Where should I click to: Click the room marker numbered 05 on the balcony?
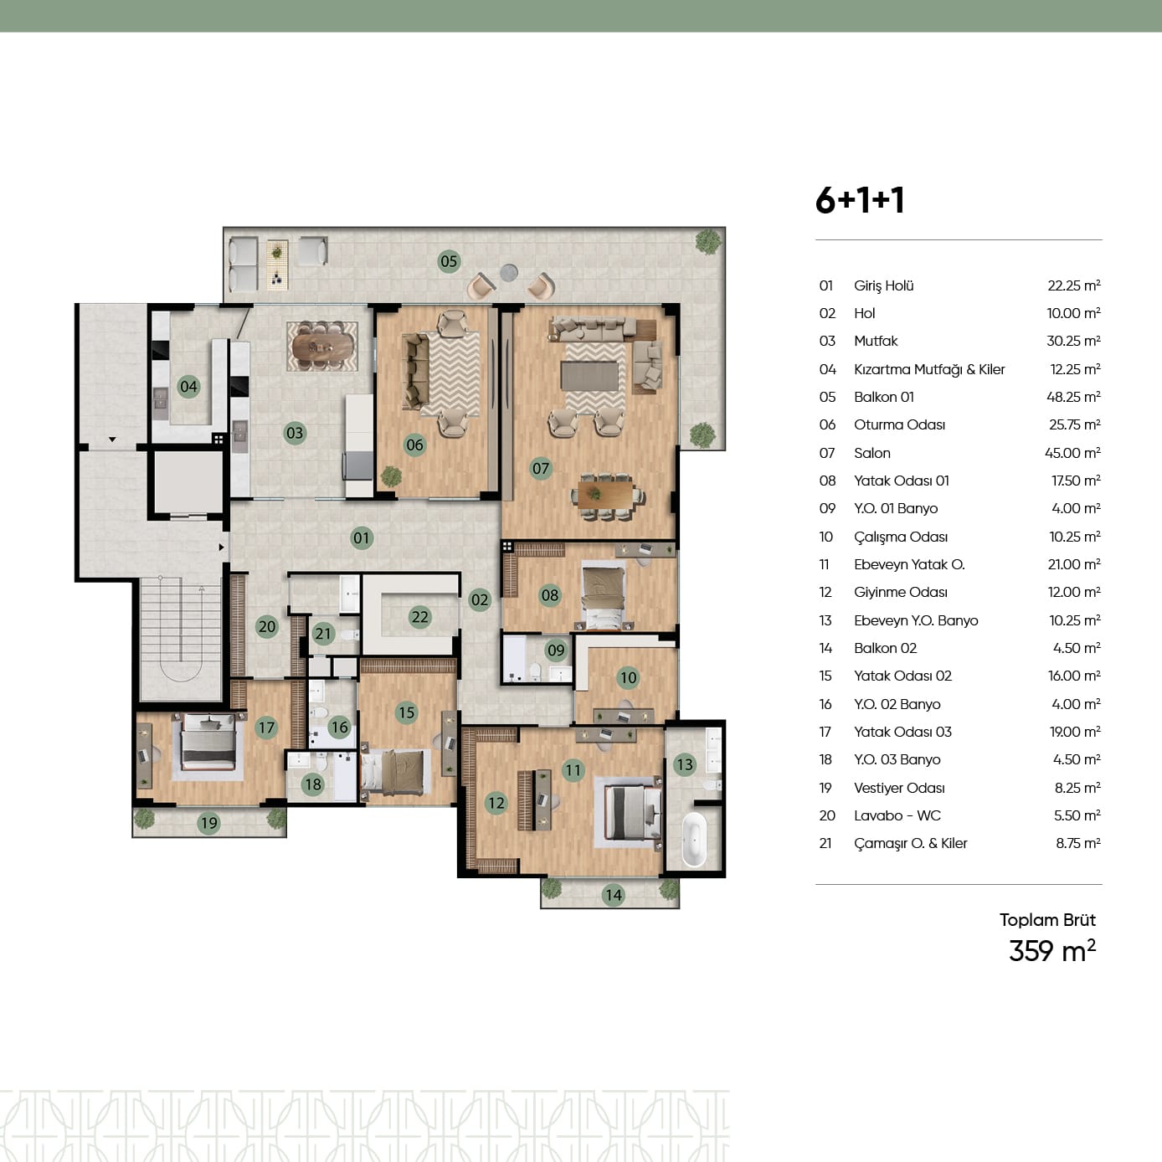pyautogui.click(x=449, y=261)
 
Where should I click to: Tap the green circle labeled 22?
pyautogui.click(x=419, y=617)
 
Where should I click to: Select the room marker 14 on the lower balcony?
pyautogui.click(x=614, y=895)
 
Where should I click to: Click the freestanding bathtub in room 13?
pyautogui.click(x=694, y=840)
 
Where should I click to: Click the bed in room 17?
pyautogui.click(x=208, y=743)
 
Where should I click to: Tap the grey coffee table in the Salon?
pyautogui.click(x=589, y=376)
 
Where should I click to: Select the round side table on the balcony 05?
pyautogui.click(x=509, y=273)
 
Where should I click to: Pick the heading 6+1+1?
pyautogui.click(x=860, y=200)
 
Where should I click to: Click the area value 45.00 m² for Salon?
pyautogui.click(x=1072, y=453)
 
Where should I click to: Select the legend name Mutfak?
pyautogui.click(x=876, y=342)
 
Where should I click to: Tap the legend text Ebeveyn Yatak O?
pyautogui.click(x=909, y=564)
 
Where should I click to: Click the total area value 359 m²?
pyautogui.click(x=1052, y=951)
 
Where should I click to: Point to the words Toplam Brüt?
pyautogui.click(x=1047, y=920)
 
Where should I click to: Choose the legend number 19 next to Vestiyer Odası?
pyautogui.click(x=825, y=788)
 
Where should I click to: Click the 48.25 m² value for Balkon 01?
pyautogui.click(x=1073, y=397)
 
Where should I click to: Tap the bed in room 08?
pyautogui.click(x=603, y=597)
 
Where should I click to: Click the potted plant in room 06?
pyautogui.click(x=391, y=476)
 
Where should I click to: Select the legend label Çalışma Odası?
pyautogui.click(x=901, y=537)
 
